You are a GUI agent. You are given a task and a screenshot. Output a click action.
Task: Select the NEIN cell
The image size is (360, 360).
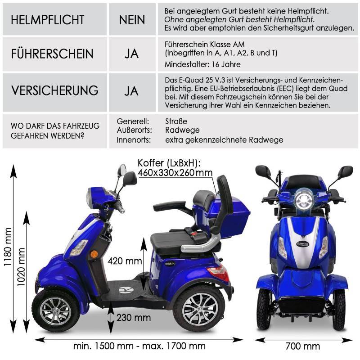coord(132,20)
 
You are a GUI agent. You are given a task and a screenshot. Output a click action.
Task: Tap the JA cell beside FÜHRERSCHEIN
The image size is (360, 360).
coord(132,54)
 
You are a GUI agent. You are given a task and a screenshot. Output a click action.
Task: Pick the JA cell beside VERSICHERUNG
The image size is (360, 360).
coord(132,90)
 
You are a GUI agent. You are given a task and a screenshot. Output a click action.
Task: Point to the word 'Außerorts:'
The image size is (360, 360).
coord(134,130)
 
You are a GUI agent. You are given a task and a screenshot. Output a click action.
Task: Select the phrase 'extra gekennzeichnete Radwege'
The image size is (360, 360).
coord(224,140)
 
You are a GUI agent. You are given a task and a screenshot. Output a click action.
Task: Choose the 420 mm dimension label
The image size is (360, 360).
coord(126,261)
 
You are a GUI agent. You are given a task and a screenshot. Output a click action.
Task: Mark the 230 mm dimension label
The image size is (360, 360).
coord(133,318)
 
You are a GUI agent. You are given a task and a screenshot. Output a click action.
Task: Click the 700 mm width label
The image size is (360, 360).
coord(303,346)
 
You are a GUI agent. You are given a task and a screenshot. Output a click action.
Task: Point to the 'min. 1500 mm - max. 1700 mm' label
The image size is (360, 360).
coord(139,346)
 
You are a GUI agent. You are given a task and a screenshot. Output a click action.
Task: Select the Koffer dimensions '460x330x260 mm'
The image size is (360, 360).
coord(175,173)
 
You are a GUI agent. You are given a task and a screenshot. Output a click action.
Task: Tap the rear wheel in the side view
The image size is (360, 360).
coord(198,310)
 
